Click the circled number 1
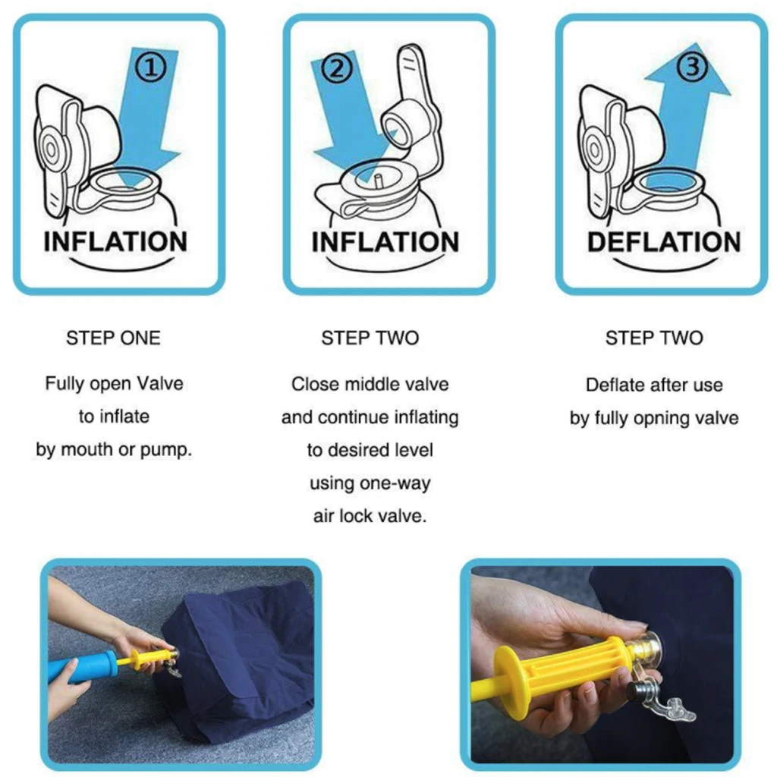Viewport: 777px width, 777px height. click(151, 68)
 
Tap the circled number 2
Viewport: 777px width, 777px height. click(336, 68)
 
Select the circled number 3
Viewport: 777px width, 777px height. click(692, 67)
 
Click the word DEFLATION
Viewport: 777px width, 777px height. click(663, 242)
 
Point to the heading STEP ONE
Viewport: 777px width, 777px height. click(114, 338)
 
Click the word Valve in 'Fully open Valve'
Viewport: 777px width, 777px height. click(160, 383)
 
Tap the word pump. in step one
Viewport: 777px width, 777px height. click(166, 451)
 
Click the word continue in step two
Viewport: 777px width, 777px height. click(354, 417)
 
